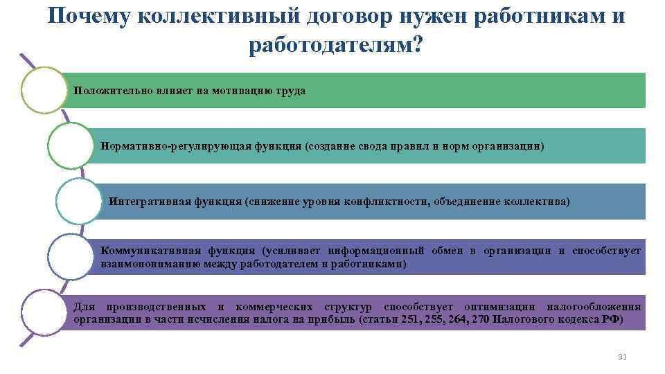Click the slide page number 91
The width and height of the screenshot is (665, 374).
coord(621,357)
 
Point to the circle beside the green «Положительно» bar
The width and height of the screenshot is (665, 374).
coord(42,90)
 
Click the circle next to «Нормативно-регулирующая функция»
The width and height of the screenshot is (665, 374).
coord(70,146)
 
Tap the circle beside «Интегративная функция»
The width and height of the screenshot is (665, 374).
coord(78,202)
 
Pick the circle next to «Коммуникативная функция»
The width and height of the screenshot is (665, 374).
coord(70,256)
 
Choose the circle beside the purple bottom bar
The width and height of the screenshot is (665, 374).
coord(42,312)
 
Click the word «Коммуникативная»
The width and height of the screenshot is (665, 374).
coord(143,251)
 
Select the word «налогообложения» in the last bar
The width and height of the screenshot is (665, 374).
coord(594,307)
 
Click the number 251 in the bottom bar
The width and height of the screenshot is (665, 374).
coord(411,319)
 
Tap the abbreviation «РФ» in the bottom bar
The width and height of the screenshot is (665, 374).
coord(612,319)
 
